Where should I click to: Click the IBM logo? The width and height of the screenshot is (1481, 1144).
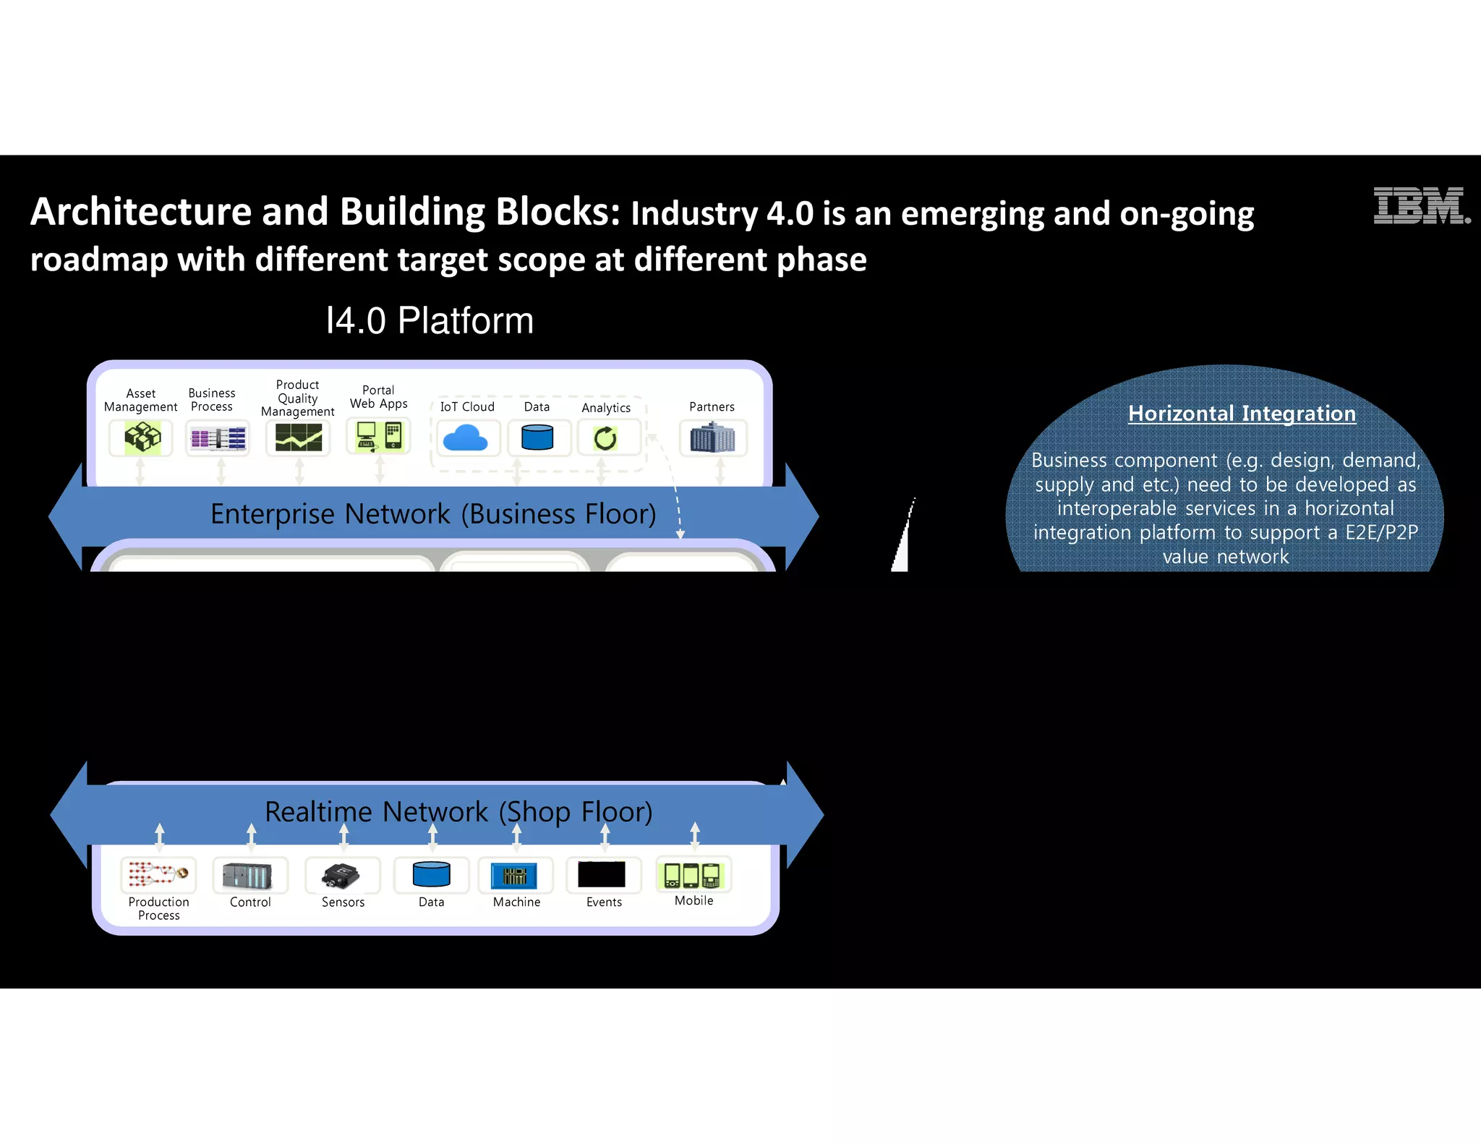pyautogui.click(x=1420, y=206)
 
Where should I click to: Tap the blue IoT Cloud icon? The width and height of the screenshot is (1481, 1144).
pyautogui.click(x=466, y=438)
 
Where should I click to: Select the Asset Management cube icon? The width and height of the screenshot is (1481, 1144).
pyautogui.click(x=142, y=437)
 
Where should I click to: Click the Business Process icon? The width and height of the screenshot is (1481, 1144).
pyautogui.click(x=218, y=438)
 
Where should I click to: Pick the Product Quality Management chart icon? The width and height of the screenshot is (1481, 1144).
pyautogui.click(x=298, y=437)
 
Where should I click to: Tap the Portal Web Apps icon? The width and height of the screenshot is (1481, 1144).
pyautogui.click(x=379, y=436)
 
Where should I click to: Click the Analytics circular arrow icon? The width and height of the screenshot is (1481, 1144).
pyautogui.click(x=606, y=438)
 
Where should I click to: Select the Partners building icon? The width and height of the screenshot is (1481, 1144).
pyautogui.click(x=712, y=438)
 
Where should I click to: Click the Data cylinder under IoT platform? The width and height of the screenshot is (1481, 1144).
pyautogui.click(x=537, y=437)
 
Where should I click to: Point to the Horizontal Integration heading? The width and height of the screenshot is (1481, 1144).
pyautogui.click(x=1242, y=414)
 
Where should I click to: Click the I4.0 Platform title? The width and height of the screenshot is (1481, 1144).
pyautogui.click(x=430, y=320)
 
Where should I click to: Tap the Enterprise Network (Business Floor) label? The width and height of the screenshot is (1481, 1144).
pyautogui.click(x=433, y=514)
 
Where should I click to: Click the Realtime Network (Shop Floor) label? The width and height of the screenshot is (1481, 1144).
pyautogui.click(x=458, y=811)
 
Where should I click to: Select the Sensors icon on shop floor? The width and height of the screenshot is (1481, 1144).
pyautogui.click(x=341, y=876)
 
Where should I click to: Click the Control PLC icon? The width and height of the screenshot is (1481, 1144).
pyautogui.click(x=248, y=876)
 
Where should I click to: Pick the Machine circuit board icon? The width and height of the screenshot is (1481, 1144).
pyautogui.click(x=514, y=876)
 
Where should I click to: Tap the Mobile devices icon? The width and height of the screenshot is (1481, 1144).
pyautogui.click(x=693, y=875)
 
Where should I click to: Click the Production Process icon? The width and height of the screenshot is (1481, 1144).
pyautogui.click(x=158, y=874)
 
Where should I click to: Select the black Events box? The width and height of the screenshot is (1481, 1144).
pyautogui.click(x=602, y=874)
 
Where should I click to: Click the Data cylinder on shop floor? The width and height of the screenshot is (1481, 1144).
pyautogui.click(x=432, y=874)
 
